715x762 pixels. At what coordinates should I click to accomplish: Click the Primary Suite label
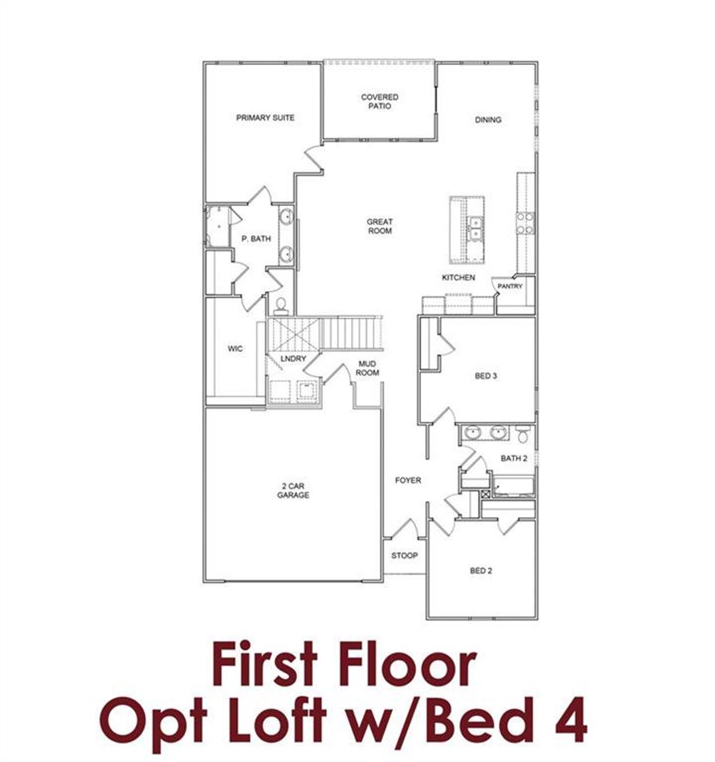click(265, 118)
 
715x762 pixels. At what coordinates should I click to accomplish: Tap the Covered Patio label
click(379, 101)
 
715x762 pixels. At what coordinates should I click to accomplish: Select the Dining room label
click(488, 120)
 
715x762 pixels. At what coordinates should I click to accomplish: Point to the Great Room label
click(379, 226)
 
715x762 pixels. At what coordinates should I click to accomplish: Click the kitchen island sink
click(475, 228)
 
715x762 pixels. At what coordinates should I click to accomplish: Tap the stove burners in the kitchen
click(525, 223)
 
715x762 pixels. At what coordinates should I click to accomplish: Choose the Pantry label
click(509, 286)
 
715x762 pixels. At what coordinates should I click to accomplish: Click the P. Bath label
click(256, 239)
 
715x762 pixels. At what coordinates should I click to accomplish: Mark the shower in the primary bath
click(217, 226)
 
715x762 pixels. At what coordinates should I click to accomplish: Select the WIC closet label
click(235, 349)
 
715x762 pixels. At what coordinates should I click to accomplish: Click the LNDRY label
click(293, 358)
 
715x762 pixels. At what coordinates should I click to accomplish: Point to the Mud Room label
click(368, 368)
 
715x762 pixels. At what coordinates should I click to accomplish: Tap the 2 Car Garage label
click(293, 491)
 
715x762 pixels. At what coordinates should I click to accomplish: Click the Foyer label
click(408, 480)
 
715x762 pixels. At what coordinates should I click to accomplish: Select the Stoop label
click(404, 556)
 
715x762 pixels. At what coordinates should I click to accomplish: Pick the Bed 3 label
click(486, 376)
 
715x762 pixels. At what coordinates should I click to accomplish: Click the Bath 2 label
click(514, 458)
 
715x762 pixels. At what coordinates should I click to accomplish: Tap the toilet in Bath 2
click(523, 434)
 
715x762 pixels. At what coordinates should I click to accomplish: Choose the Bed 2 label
click(481, 571)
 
